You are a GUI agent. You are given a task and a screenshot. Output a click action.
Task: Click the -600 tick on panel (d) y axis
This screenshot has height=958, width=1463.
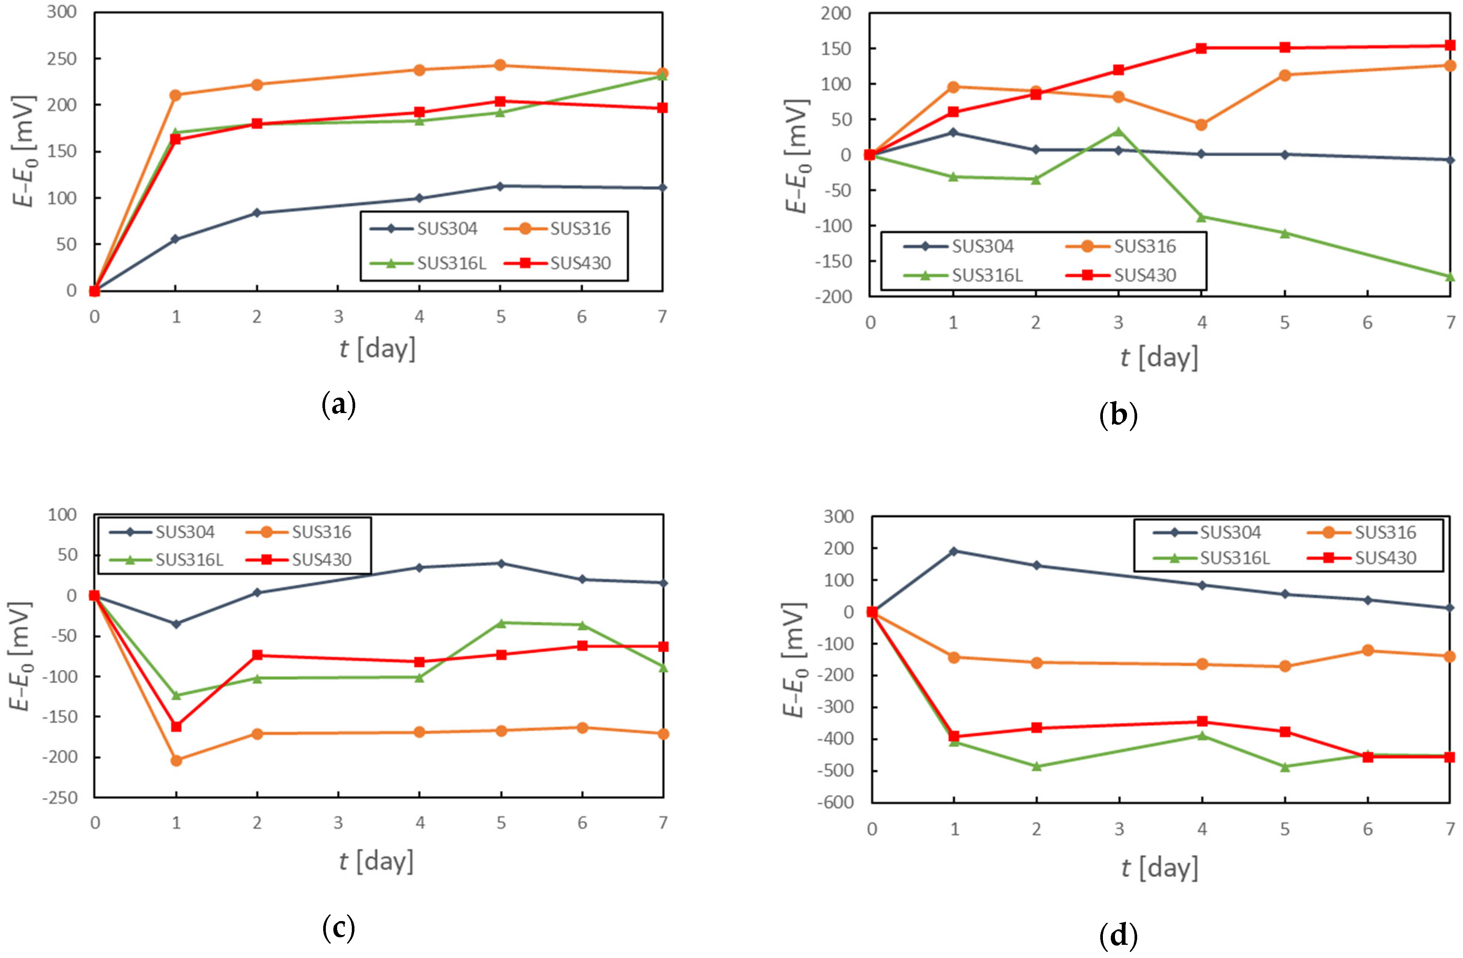click(x=837, y=802)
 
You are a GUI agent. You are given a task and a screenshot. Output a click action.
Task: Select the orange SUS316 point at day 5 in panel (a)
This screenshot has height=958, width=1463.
click(x=500, y=65)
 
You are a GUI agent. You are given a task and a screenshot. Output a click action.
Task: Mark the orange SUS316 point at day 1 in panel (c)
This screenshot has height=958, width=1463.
click(x=176, y=760)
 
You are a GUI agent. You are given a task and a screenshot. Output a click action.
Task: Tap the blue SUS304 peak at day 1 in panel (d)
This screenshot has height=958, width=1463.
click(x=954, y=551)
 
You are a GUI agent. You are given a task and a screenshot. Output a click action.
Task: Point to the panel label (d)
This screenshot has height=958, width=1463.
click(x=1118, y=935)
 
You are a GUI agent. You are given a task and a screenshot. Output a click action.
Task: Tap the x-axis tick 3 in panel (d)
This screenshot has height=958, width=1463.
click(x=1119, y=829)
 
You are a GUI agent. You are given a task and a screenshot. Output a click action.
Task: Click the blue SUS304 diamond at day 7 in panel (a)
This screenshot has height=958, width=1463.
click(x=662, y=188)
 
